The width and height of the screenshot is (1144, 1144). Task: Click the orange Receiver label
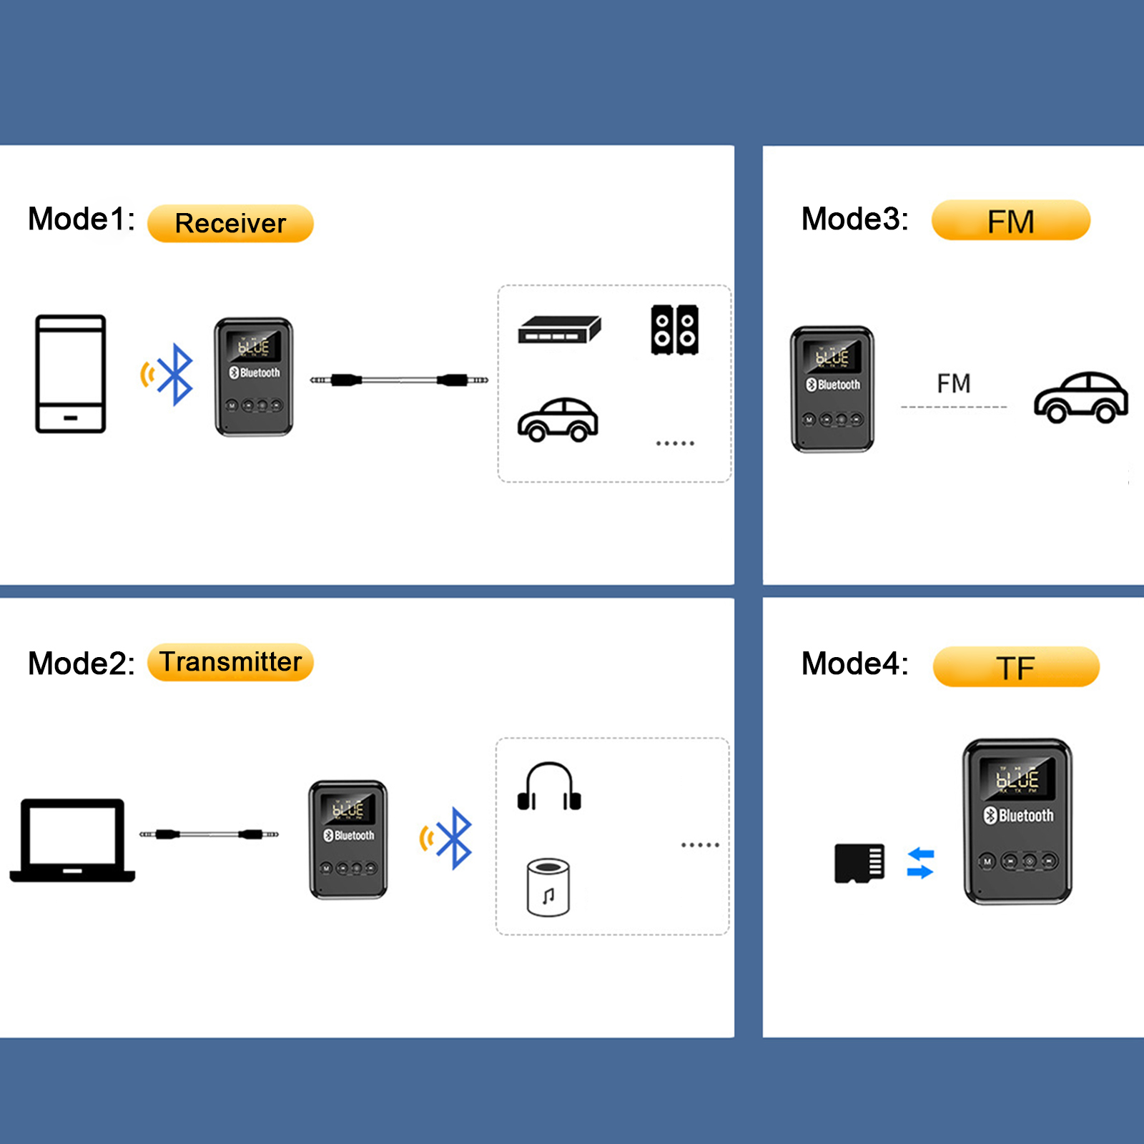click(x=230, y=224)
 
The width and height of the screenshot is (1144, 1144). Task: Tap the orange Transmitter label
click(x=230, y=662)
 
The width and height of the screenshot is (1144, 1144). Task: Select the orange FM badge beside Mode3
click(x=1010, y=221)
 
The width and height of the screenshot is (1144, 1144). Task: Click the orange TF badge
click(x=1015, y=667)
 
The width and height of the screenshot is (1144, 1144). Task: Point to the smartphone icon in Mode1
click(x=71, y=374)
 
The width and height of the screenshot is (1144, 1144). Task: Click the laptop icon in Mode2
click(x=72, y=840)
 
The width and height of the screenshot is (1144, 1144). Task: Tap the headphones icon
click(x=548, y=787)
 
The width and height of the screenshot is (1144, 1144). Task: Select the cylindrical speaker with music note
click(x=548, y=888)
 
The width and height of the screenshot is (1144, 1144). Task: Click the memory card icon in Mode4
click(x=859, y=863)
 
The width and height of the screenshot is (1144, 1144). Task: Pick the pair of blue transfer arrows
click(x=920, y=863)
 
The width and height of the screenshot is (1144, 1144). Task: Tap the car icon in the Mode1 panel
click(x=558, y=420)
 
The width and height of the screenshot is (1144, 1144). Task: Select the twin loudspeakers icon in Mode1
click(x=674, y=330)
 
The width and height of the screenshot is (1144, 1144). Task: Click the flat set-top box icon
click(x=559, y=330)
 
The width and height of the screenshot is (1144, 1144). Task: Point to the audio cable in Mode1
click(x=399, y=380)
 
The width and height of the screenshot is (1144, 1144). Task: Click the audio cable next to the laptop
click(x=209, y=834)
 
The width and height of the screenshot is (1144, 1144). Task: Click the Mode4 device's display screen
click(x=1017, y=779)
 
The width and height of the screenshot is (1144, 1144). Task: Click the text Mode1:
click(x=82, y=219)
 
